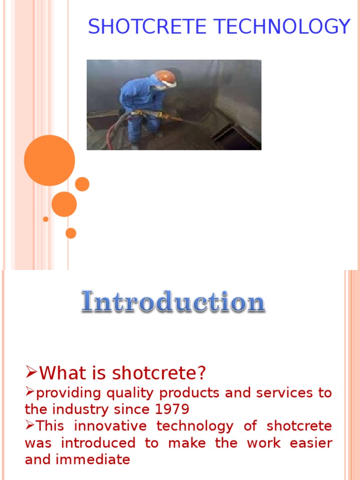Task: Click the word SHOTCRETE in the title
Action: (x=147, y=26)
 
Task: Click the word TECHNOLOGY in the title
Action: (x=282, y=26)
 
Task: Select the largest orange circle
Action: (x=50, y=160)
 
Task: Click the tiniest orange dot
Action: (x=45, y=219)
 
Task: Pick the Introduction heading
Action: (x=173, y=302)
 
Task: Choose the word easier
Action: (x=311, y=443)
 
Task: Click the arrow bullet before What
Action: (x=31, y=372)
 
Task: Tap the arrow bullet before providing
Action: (x=30, y=391)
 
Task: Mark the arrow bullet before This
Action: (x=30, y=425)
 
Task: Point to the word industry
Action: (x=80, y=410)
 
